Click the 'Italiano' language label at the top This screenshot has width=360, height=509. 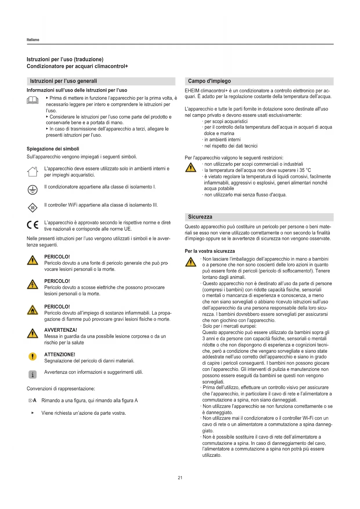(33, 40)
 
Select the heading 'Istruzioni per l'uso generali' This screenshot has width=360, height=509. (64, 81)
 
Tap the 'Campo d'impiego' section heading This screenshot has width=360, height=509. (209, 81)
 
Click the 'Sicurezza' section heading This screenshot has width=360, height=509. (200, 217)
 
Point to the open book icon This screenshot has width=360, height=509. (32, 100)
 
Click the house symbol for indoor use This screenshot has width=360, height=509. (32, 172)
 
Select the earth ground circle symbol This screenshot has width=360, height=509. (32, 190)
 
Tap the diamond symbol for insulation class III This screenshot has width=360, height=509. (32, 208)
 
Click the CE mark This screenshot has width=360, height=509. (32, 225)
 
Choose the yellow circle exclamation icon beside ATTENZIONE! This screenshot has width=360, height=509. (32, 356)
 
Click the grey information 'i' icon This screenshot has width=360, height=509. (32, 375)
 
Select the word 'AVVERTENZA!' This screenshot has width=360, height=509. (61, 330)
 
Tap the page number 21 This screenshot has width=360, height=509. (180, 478)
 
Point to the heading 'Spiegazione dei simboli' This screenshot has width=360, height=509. (53, 149)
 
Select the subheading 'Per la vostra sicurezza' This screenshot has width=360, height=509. (210, 251)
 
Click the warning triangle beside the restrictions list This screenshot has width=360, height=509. (191, 167)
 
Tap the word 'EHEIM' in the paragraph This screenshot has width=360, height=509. (192, 91)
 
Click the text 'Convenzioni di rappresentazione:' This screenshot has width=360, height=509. (61, 389)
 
